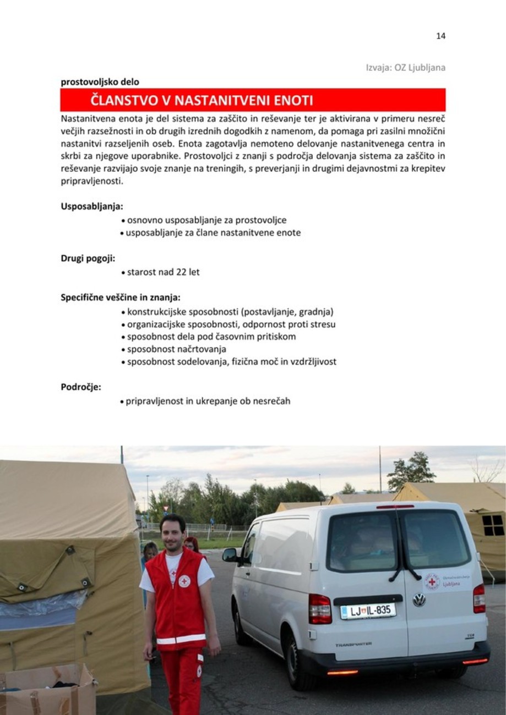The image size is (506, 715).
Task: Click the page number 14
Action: (x=440, y=36)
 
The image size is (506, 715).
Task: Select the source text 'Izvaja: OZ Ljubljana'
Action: (x=405, y=68)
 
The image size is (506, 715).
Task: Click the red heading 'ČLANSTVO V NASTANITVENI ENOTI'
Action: (x=202, y=101)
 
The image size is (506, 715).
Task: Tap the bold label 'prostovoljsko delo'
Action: (x=100, y=82)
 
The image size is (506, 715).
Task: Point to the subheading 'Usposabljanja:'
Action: (x=92, y=207)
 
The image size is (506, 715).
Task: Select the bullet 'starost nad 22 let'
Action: (x=163, y=272)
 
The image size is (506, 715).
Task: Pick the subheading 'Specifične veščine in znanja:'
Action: (x=120, y=298)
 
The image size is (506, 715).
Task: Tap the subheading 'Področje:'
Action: (x=80, y=387)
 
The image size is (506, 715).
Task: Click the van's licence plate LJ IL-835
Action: (x=368, y=611)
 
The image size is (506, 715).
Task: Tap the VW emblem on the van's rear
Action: (x=419, y=599)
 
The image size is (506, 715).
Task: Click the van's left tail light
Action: (x=320, y=608)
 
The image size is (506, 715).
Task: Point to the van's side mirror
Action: (x=230, y=555)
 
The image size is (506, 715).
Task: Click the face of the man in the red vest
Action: (x=173, y=533)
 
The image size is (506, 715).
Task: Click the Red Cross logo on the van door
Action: (x=432, y=581)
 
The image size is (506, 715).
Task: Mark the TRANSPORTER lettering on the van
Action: (x=353, y=644)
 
